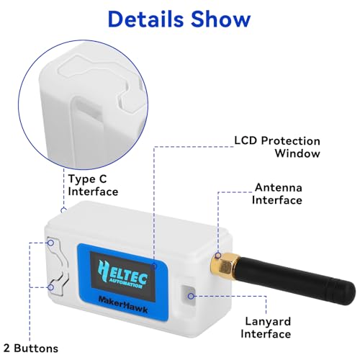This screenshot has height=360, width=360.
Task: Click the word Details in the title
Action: tap(145, 19)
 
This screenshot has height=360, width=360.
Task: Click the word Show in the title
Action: tap(221, 19)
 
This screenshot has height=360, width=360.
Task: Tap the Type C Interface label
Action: tap(93, 185)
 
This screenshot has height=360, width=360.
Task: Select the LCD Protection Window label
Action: tap(277, 147)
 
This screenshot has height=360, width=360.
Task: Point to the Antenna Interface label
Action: tap(277, 194)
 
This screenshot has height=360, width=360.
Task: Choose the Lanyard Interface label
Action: tap(266, 328)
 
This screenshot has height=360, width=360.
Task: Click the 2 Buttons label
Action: tap(31, 348)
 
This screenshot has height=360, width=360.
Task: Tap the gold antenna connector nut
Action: tap(225, 266)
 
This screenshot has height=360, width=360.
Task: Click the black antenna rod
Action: tap(295, 281)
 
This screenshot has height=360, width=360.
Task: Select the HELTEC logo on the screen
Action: tap(123, 274)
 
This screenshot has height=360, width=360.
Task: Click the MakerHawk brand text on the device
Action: tap(123, 305)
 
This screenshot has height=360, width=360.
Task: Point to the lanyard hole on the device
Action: tap(188, 296)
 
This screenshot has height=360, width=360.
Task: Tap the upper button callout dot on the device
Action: tap(50, 243)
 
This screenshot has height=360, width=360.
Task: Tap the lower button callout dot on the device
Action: tap(50, 287)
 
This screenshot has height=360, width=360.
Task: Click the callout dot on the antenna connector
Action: tap(218, 256)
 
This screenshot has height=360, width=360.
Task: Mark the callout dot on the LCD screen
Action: tap(154, 266)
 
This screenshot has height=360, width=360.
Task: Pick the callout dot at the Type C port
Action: tap(63, 210)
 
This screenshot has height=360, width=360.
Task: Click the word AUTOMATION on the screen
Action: tap(125, 283)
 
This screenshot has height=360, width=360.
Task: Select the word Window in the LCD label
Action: tap(297, 153)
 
